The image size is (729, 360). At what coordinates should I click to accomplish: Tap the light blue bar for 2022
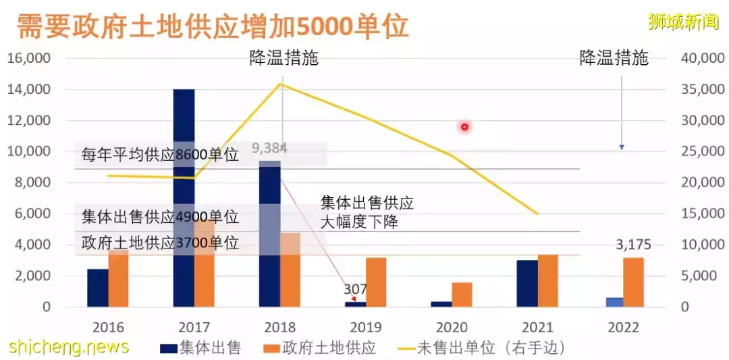coord(614,302)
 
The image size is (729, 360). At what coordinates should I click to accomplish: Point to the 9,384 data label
coord(269,148)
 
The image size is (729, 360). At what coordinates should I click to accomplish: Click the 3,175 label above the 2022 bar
coord(633,244)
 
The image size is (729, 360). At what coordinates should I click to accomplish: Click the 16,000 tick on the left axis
coord(28,59)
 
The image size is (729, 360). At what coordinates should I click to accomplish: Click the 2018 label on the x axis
coord(280,328)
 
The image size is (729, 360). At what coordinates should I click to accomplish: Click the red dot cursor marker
coord(464,126)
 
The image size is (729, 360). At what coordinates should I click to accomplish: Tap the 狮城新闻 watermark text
coord(683,21)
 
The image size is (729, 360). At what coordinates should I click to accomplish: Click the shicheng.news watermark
coord(68,346)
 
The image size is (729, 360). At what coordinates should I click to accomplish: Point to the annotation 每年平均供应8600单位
coord(160,155)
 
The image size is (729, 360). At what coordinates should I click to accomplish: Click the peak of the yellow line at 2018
coord(281,83)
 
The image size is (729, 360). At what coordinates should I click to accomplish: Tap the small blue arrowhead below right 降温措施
coord(622,147)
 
